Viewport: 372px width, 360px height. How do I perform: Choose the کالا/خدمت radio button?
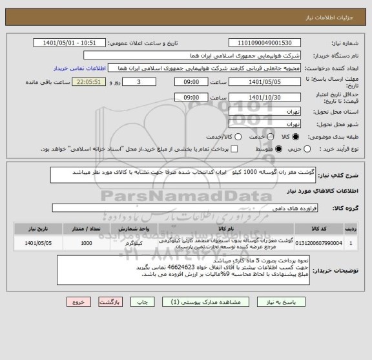pyautogui.click(x=236, y=138)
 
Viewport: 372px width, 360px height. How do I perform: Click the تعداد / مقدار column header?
pyautogui.click(x=86, y=228)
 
